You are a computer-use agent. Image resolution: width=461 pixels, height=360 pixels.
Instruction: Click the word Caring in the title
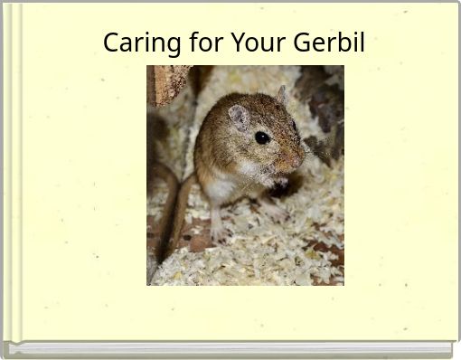click(134, 43)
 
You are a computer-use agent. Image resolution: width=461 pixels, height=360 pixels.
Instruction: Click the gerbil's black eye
click(261, 137)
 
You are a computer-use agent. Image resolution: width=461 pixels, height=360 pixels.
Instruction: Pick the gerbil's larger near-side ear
click(239, 118)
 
